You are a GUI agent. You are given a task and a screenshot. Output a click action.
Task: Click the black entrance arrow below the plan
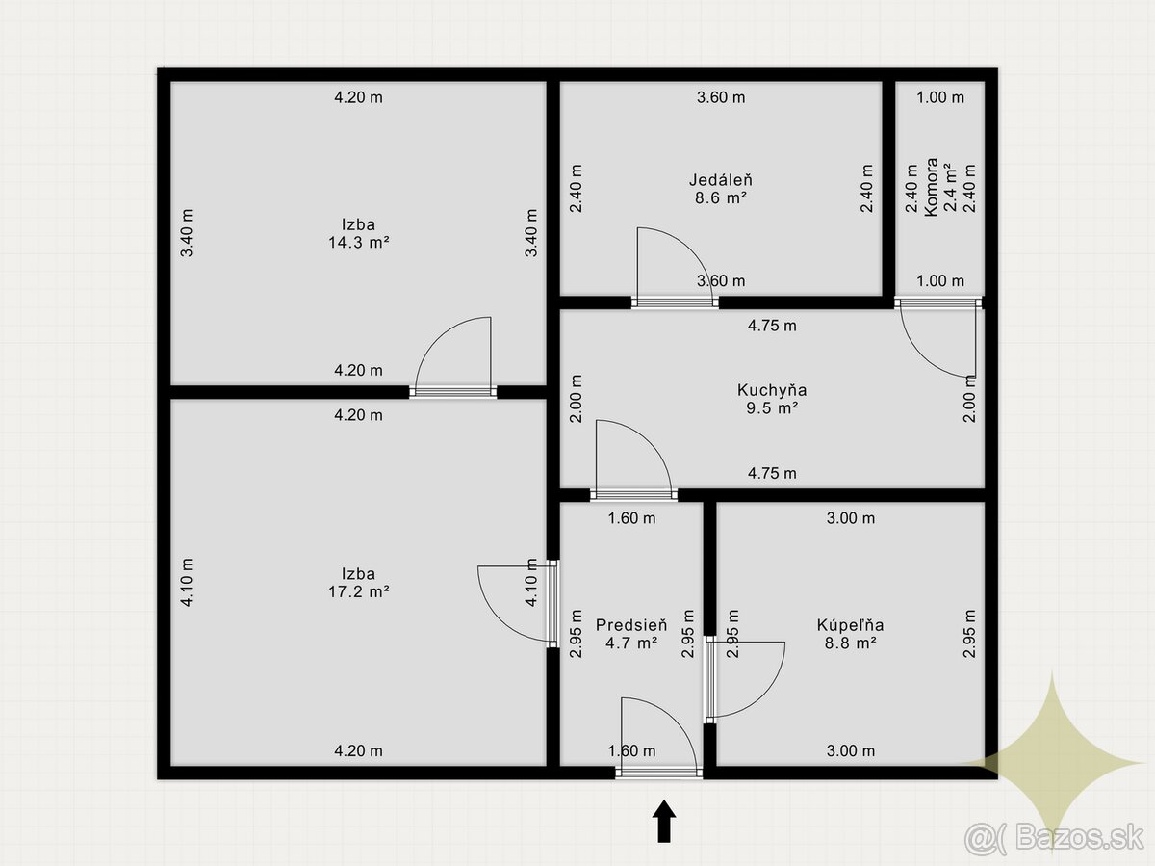(664, 822)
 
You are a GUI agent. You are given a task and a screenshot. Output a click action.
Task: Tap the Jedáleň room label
(721, 180)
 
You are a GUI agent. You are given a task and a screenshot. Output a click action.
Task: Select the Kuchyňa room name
(772, 390)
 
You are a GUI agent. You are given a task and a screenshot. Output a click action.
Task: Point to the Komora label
(931, 187)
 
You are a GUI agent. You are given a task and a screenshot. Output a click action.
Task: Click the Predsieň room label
(631, 625)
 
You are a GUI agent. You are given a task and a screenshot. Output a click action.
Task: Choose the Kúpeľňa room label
(850, 625)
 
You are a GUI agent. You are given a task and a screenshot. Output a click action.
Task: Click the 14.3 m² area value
(359, 242)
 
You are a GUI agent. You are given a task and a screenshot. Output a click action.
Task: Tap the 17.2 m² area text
(359, 591)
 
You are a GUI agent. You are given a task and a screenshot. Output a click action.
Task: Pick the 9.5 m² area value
(772, 408)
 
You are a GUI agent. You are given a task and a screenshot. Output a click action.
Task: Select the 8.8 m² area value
(850, 643)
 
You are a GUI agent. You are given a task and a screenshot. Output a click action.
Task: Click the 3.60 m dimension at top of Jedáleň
(721, 97)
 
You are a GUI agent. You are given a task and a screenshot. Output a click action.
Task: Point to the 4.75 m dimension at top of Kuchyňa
(772, 326)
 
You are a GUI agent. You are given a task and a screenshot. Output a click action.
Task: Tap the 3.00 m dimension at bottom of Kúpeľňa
(850, 750)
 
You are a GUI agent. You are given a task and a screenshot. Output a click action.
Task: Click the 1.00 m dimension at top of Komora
(940, 97)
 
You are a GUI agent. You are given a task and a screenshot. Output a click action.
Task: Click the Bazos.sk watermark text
(1079, 837)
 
